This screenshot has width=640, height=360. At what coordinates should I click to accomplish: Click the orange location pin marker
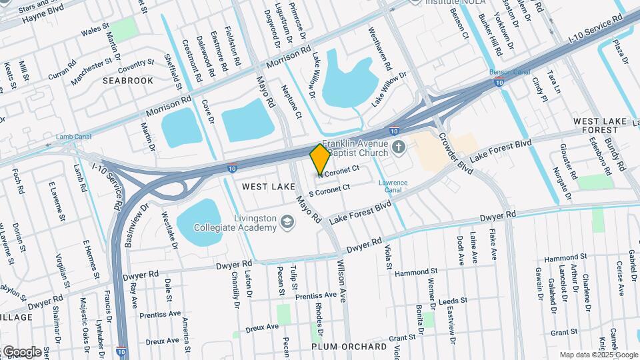click(x=320, y=159)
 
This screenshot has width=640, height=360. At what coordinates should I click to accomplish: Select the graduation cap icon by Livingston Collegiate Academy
click(x=287, y=223)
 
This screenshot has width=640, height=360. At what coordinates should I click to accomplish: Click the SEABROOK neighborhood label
click(x=128, y=81)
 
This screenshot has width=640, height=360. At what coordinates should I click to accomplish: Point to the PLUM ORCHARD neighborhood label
click(x=349, y=347)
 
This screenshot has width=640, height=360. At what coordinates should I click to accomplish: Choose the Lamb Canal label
click(x=72, y=137)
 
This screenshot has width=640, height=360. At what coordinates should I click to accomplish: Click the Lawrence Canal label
click(x=393, y=186)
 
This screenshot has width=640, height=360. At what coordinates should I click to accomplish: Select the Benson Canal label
click(x=509, y=72)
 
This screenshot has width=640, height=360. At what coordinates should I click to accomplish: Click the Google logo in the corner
click(x=22, y=351)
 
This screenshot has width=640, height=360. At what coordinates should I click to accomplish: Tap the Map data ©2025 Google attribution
click(x=597, y=355)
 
